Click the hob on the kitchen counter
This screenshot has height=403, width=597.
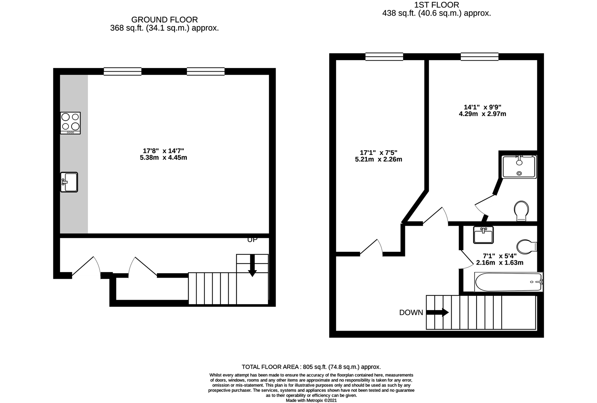(x=70, y=123)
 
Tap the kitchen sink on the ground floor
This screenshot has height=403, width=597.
(x=69, y=182)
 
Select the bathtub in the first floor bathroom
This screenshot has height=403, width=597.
(x=509, y=282)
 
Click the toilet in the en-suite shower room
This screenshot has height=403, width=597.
(x=521, y=211)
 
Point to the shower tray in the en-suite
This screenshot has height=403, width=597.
(x=519, y=167)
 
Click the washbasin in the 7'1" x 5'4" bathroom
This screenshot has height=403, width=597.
(x=484, y=235)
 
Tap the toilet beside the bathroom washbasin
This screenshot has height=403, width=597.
(x=527, y=246)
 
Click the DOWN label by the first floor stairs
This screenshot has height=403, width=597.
(x=411, y=313)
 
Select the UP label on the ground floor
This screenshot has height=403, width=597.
(x=252, y=240)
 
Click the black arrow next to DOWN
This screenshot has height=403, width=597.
(x=437, y=312)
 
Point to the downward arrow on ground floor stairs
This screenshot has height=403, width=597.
(x=252, y=266)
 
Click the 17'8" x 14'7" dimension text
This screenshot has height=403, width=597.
(x=163, y=151)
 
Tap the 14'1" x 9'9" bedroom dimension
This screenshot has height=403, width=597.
(x=483, y=107)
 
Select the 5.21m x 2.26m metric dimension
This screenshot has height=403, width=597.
(x=378, y=159)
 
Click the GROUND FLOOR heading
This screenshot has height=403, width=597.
(x=164, y=20)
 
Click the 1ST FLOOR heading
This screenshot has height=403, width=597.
(x=437, y=5)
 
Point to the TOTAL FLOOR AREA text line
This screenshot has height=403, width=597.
(x=311, y=367)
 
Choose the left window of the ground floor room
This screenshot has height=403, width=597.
(x=123, y=72)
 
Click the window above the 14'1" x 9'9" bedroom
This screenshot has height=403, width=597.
(x=480, y=57)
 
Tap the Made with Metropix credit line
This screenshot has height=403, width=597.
(x=311, y=400)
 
